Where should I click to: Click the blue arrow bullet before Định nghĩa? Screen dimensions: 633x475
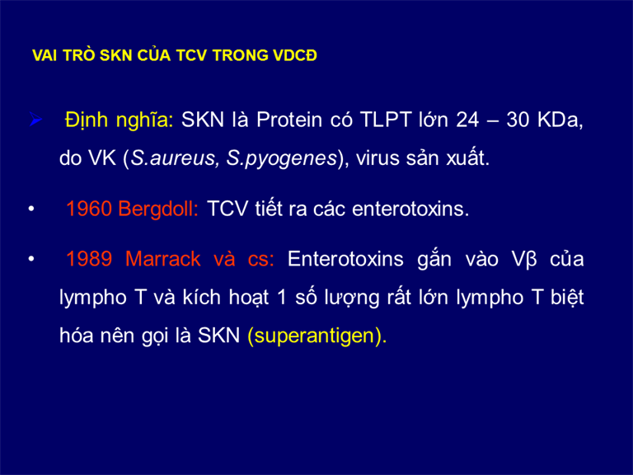tap(36, 120)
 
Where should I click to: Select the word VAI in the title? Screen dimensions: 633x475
tap(45, 55)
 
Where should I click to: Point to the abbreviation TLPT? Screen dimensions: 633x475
tap(385, 120)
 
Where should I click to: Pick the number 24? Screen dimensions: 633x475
tap(467, 120)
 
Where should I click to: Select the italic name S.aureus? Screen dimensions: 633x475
tap(175, 158)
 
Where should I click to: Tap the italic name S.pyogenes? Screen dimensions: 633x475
tap(281, 158)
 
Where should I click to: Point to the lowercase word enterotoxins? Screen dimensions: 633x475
tap(410, 209)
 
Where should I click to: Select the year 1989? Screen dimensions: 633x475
tap(89, 259)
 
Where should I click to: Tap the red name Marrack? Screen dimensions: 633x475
tap(162, 259)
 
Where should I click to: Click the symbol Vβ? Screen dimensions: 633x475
tap(524, 260)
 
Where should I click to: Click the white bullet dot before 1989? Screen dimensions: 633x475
tap(31, 259)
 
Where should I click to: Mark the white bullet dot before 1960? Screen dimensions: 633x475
tap(31, 209)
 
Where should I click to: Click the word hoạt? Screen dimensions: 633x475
tap(249, 298)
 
